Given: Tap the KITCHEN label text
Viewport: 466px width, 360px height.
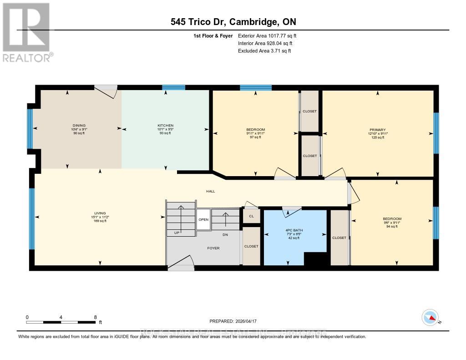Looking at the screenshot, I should [x=165, y=126].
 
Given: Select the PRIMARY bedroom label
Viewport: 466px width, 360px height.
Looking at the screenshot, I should [x=377, y=130].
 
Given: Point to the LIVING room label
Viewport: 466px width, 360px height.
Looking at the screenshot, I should [x=100, y=213].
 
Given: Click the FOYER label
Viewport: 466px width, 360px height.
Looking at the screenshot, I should [x=213, y=248].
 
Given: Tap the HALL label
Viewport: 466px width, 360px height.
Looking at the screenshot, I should [x=210, y=192].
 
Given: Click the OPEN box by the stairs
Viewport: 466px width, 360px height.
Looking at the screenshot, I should [x=203, y=219].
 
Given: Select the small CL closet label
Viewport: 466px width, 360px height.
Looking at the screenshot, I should [x=251, y=216].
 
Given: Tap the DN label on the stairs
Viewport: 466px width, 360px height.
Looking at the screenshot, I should [x=225, y=235].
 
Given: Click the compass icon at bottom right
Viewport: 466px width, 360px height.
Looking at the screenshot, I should [x=430, y=317].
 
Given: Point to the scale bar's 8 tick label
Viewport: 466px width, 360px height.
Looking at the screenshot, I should [x=95, y=317].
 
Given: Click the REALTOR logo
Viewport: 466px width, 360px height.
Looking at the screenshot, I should [x=27, y=32].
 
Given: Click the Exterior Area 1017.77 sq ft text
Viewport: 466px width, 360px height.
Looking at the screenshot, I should [x=267, y=35].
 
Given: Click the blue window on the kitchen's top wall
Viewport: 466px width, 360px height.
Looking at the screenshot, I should [x=173, y=87].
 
